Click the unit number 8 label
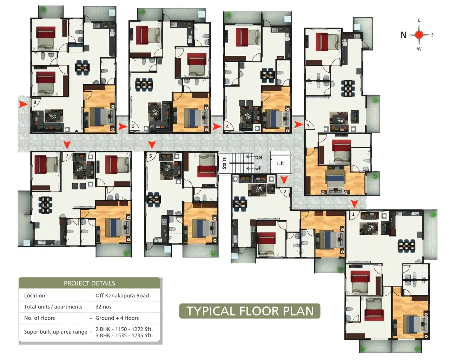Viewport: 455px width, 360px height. pos(35,102)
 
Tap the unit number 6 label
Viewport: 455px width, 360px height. pos(133,126)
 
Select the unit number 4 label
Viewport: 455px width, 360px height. pos(227,126)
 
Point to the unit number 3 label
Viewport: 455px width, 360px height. pos(308,126)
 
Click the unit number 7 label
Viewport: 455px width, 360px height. pos(67,156)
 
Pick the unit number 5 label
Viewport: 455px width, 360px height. pos(151,156)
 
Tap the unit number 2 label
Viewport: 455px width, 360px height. pos(285,192)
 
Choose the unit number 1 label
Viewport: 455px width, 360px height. pos(353,214)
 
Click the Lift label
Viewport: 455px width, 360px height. pos(281,164)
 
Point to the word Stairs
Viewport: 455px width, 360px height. pos(224,163)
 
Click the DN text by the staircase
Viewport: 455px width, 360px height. pos(258,157)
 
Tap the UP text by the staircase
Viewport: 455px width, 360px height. pos(258,168)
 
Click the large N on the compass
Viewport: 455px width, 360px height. pos(403,35)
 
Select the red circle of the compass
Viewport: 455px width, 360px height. pos(419,35)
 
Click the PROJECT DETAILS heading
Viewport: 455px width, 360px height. pos(90,283)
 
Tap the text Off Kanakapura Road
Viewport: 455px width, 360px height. pos(122,295)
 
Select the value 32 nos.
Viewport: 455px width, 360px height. pos(104,307)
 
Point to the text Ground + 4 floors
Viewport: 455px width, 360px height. pos(117,318)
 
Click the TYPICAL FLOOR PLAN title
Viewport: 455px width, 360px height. pos(250,311)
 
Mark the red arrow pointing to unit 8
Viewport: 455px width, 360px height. pos(23,104)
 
